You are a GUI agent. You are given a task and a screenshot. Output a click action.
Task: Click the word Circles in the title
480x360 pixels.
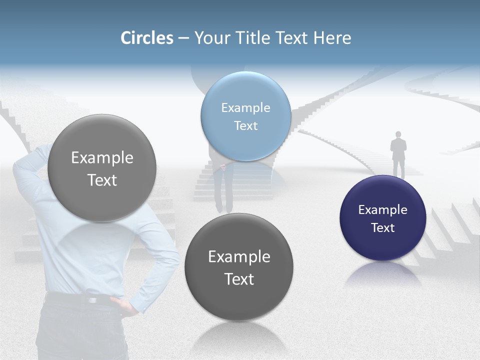coord(147,38)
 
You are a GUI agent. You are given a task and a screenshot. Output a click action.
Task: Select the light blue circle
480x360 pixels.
coord(245,116)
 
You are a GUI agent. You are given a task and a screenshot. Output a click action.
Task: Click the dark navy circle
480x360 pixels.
coord(382,218)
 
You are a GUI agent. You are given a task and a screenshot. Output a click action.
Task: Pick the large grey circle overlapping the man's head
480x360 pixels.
coord(102,168)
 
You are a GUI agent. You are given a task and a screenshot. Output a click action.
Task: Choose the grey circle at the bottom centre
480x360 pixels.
coord(239,267)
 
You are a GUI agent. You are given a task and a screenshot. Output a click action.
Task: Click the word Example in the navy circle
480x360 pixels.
coord(382,209)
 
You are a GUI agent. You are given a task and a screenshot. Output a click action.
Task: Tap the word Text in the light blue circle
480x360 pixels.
coord(245,126)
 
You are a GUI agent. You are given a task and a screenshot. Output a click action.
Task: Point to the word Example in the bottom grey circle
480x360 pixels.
coord(239,256)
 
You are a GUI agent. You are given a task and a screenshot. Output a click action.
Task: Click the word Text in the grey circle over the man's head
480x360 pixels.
coord(102,180)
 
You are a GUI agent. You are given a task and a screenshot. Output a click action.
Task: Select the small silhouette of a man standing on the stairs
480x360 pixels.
coord(398,153)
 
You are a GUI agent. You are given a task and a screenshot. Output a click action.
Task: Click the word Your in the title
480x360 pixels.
coord(209,38)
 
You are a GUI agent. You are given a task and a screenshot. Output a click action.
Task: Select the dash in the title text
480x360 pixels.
coord(183,38)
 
